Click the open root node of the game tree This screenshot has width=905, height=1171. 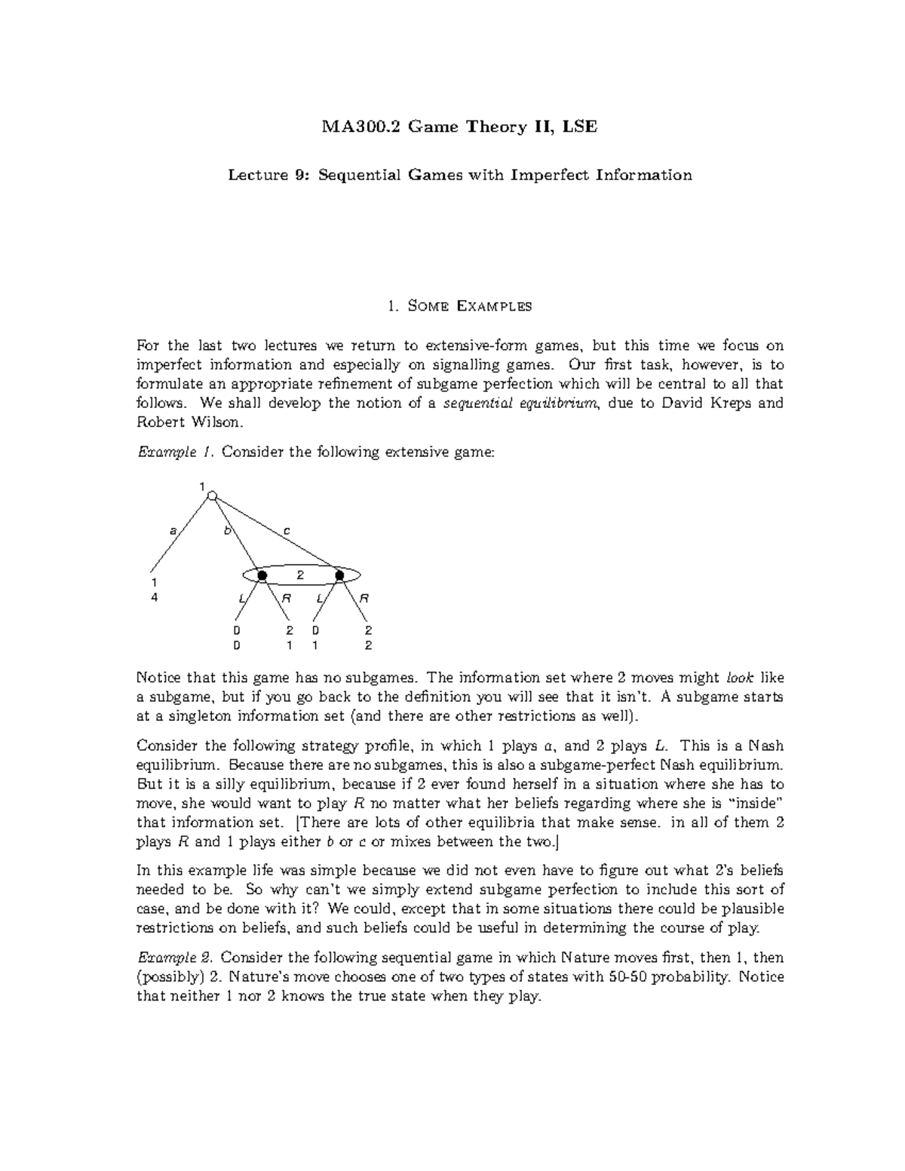213,495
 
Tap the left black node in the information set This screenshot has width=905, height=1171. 262,575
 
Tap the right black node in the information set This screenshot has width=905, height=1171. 339,575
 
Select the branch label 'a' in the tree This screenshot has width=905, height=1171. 173,531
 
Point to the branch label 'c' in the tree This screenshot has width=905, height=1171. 287,531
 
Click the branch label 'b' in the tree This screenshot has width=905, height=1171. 225,531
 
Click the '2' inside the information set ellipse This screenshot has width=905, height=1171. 299,575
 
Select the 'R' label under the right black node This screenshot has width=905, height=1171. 364,599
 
